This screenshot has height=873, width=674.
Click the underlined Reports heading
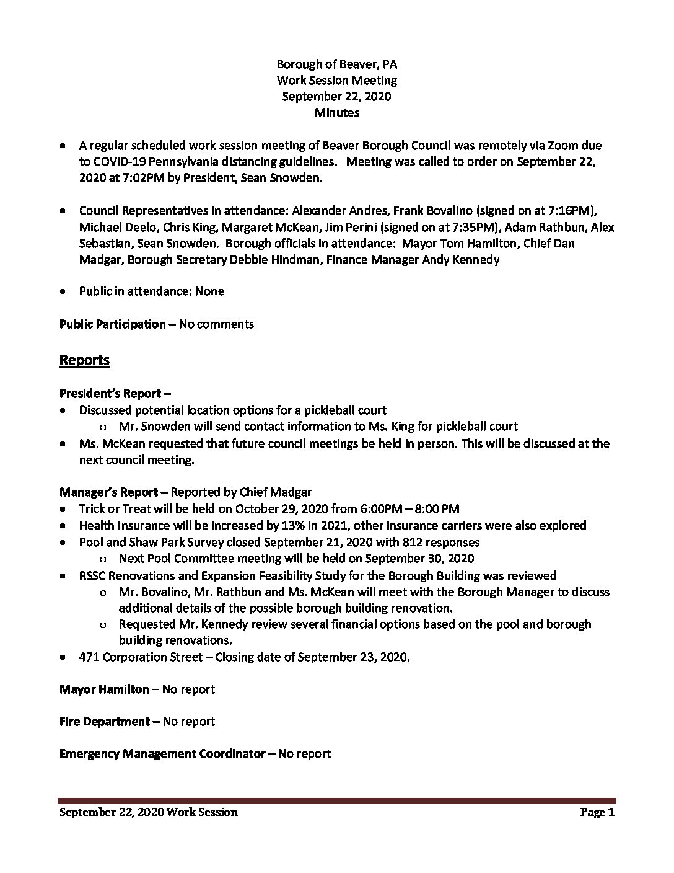pos(84,360)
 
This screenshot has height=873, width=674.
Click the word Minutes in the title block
pos(336,112)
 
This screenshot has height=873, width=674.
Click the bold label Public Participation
pos(112,324)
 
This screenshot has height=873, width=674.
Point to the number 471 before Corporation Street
pos(89,657)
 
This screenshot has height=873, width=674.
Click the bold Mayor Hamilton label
pos(104,689)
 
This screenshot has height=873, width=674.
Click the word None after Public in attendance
pos(209,291)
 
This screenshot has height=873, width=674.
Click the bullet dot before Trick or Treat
pos(64,509)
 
